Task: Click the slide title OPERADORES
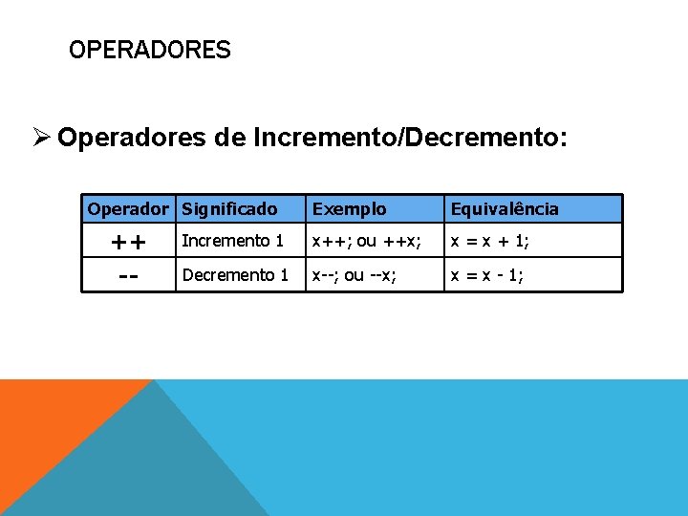[150, 50]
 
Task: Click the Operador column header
[128, 208]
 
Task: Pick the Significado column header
[229, 208]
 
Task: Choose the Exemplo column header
[350, 208]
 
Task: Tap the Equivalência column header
[505, 208]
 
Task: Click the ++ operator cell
[128, 242]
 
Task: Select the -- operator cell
[128, 275]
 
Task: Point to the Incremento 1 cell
[232, 241]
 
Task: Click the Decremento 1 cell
[235, 275]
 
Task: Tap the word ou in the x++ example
[367, 241]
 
